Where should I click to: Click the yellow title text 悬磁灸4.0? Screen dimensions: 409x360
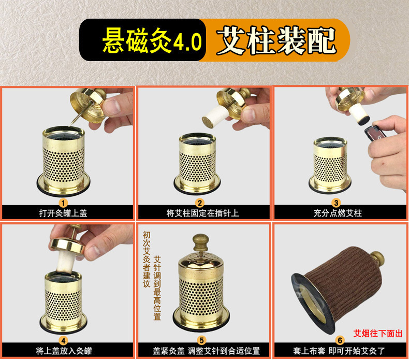point(152,40)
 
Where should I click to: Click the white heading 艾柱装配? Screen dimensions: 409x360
point(276,40)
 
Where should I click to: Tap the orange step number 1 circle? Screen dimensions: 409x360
point(63,203)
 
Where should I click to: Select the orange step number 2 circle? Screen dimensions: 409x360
point(199,203)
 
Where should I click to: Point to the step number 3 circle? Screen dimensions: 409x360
point(336,203)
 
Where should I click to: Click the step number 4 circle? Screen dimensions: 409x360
point(63,340)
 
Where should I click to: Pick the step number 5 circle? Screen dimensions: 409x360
point(201,340)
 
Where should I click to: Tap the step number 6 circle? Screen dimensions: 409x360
point(340,340)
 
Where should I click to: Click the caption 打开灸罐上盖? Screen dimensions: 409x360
point(63,213)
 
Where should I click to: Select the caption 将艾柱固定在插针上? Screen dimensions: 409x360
point(202,213)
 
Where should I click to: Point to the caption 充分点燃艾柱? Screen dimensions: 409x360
point(338,213)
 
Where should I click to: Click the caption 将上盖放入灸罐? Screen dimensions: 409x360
point(64,351)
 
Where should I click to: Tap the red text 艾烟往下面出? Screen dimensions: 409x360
point(378,334)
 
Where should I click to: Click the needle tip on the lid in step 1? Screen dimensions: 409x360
point(70,126)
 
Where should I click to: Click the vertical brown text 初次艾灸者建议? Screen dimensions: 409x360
point(147,259)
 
